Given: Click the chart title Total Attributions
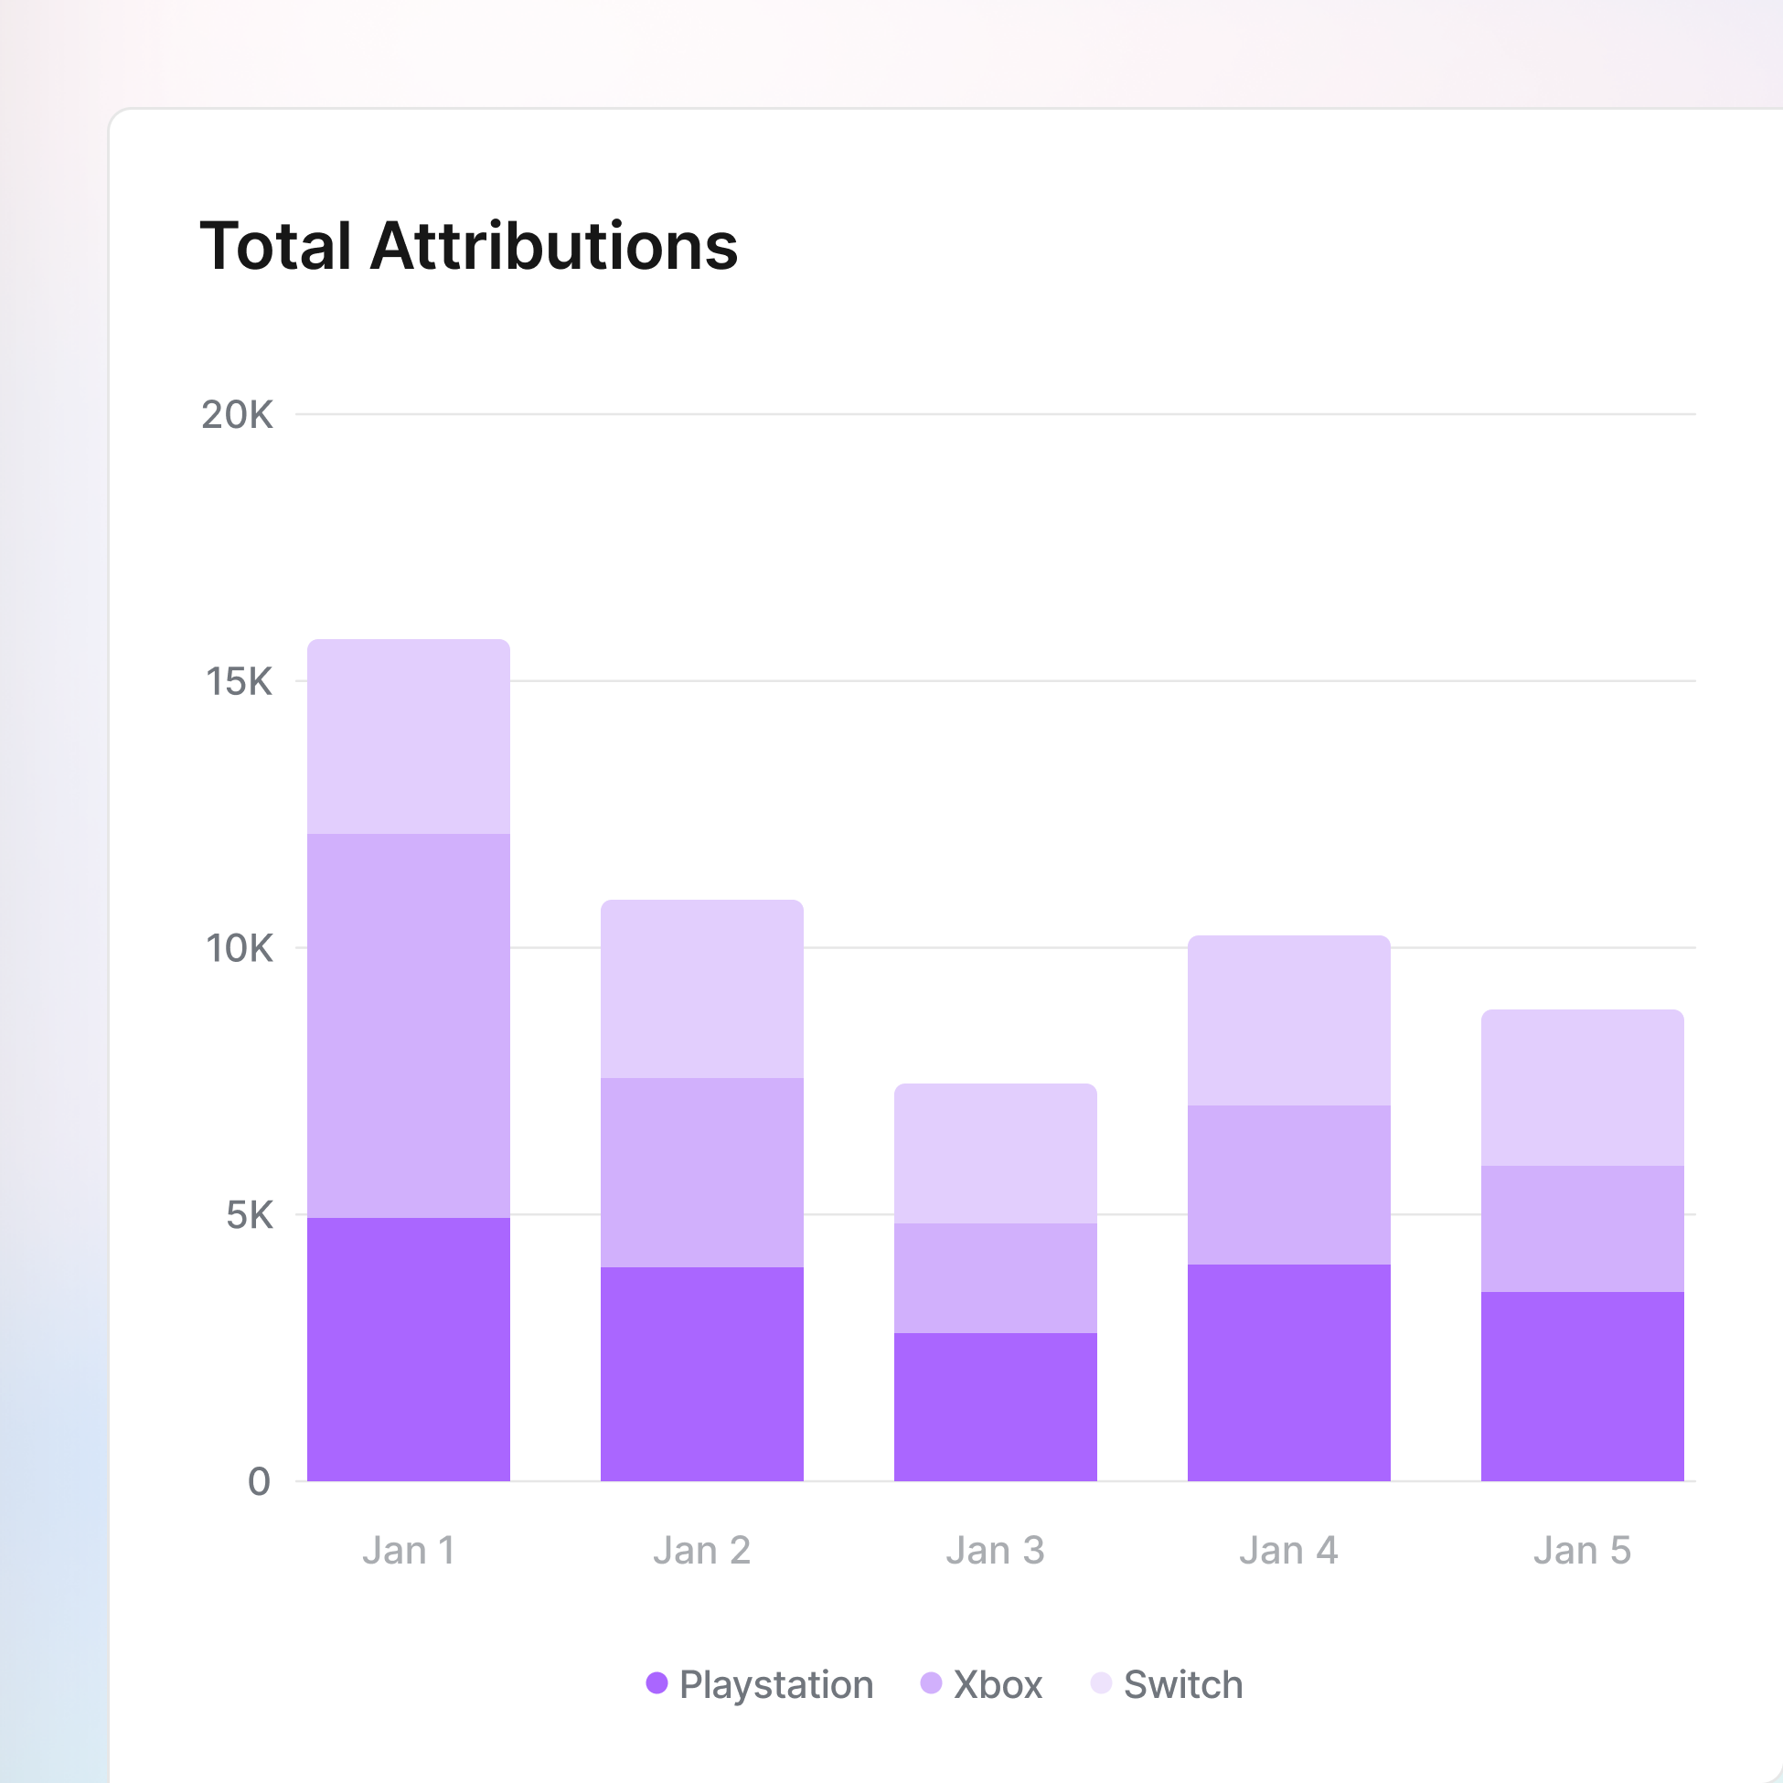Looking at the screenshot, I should pos(469,246).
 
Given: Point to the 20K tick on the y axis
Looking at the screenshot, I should pos(237,415).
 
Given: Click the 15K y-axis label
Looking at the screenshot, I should pos(239,682).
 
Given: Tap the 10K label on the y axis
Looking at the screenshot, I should pos(239,949).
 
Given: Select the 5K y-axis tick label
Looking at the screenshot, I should pos(250,1215).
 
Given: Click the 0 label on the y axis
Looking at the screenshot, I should pos(260,1482).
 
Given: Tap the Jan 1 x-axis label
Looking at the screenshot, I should pos(409,1551).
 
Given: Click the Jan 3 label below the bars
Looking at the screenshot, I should pos(995,1551).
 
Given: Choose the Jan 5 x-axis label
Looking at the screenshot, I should pos(1582,1551).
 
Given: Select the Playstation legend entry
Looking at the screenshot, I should pos(760,1684).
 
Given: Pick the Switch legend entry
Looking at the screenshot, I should pos(1167,1684).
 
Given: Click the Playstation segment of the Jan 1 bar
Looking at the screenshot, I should pos(409,1350).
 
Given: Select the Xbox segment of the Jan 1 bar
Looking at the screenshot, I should pos(409,1025).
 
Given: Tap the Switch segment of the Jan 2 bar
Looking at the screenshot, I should pos(702,988).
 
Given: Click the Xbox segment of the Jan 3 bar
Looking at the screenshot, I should pos(995,1278).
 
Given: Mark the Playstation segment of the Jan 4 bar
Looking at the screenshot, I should pos(1288,1372).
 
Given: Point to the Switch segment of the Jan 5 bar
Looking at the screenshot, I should pos(1582,1088).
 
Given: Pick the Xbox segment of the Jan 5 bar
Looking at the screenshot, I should pos(1582,1228).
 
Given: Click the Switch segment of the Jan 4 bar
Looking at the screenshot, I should pos(1288,1020).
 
